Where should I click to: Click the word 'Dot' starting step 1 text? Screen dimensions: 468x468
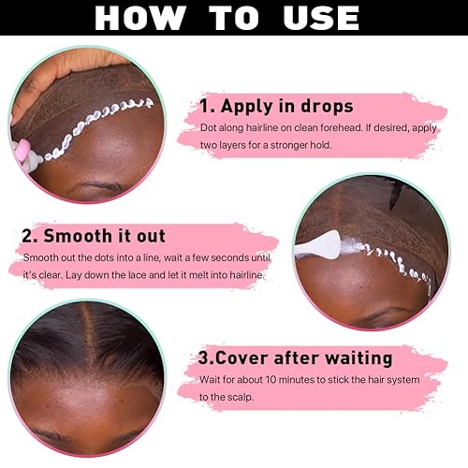click(x=209, y=127)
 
